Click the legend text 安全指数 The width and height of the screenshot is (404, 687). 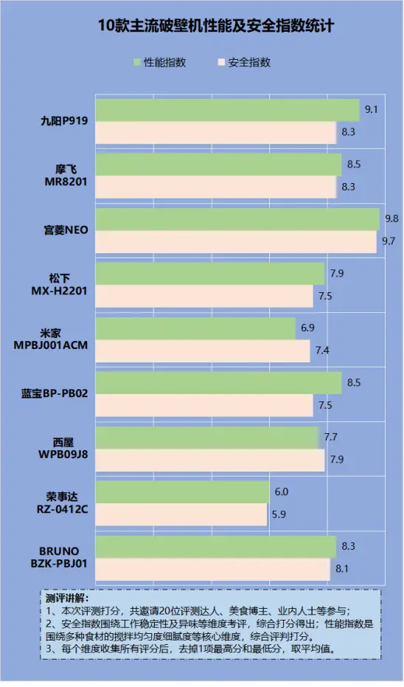click(249, 63)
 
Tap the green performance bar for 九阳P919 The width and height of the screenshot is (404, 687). click(227, 111)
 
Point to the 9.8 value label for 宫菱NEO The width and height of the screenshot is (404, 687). click(391, 218)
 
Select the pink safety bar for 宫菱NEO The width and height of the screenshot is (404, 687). click(236, 241)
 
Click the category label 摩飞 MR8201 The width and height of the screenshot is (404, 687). click(66, 176)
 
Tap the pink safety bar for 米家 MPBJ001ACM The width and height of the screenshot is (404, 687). click(203, 351)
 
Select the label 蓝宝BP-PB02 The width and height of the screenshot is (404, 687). click(55, 393)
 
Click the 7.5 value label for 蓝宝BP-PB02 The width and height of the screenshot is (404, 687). click(325, 404)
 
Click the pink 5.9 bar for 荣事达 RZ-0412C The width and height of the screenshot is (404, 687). click(181, 514)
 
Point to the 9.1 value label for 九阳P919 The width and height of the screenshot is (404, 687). click(372, 110)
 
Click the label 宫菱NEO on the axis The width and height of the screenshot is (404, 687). click(66, 230)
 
